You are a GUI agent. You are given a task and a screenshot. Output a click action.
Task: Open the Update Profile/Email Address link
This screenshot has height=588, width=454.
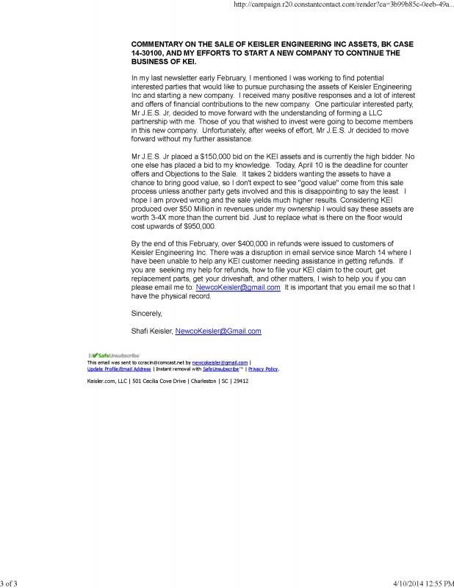click(x=119, y=369)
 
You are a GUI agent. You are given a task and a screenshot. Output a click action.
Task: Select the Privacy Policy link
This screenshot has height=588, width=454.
click(x=264, y=369)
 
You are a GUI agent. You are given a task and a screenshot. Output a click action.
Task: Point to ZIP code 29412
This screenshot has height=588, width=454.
click(x=242, y=381)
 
